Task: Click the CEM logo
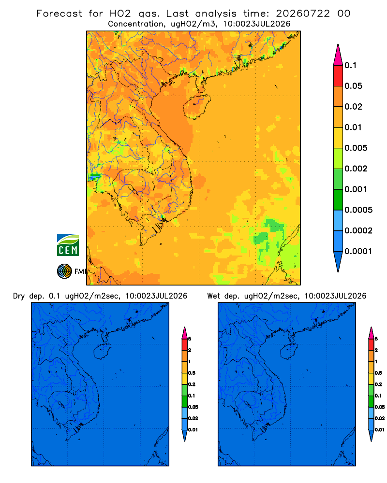(x=68, y=245)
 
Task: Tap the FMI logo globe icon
(x=64, y=271)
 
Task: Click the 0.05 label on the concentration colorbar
(x=353, y=86)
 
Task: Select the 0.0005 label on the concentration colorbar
(x=358, y=210)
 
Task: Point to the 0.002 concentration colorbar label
(x=356, y=169)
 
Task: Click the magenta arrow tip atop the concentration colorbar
(x=338, y=55)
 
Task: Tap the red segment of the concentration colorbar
(x=338, y=76)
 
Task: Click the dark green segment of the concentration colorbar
(x=338, y=199)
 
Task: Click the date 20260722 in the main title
(x=303, y=14)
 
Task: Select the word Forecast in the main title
(x=59, y=14)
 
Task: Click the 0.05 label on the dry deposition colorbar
(x=193, y=407)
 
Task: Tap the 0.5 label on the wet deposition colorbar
(x=378, y=373)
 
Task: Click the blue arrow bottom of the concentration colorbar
(x=338, y=261)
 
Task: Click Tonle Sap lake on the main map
(x=132, y=189)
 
